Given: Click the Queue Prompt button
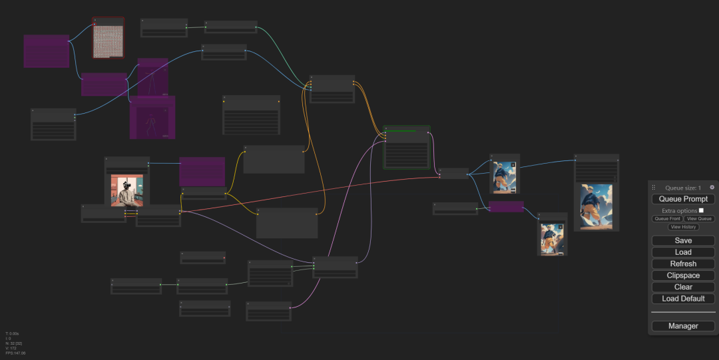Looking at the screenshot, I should pyautogui.click(x=683, y=199).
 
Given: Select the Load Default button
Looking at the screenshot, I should pyautogui.click(x=683, y=299).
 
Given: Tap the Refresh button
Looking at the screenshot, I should pyautogui.click(x=683, y=264).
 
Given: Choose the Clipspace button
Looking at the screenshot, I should pyautogui.click(x=683, y=275).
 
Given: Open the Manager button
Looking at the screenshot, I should pyautogui.click(x=683, y=326).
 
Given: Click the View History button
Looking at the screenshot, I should pyautogui.click(x=683, y=227).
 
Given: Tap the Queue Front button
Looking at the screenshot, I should pyautogui.click(x=667, y=219).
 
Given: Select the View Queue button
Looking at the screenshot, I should pyautogui.click(x=700, y=219).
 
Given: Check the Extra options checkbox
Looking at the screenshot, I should pyautogui.click(x=701, y=210).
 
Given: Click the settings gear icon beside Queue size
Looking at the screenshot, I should pyautogui.click(x=712, y=188).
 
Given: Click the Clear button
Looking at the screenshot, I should pyautogui.click(x=683, y=287).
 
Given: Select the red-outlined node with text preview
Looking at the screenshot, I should pyautogui.click(x=109, y=39).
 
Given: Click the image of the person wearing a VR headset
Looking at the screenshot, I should pyautogui.click(x=127, y=190).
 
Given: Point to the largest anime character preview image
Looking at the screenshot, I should pyautogui.click(x=596, y=206).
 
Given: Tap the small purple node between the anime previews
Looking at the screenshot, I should pyautogui.click(x=506, y=207).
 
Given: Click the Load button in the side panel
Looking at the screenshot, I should pyautogui.click(x=683, y=252).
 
